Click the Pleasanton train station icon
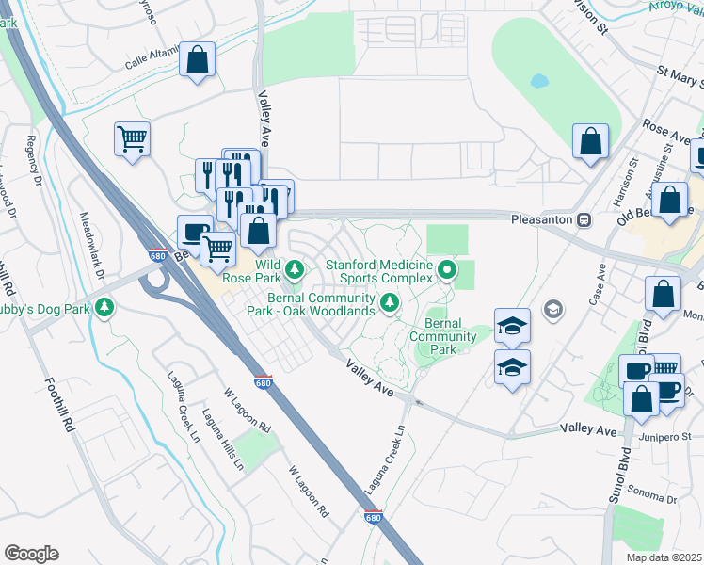[x=584, y=219]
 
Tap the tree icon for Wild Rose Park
[x=295, y=271]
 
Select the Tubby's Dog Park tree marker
[x=106, y=307]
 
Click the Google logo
[x=31, y=554]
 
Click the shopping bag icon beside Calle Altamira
[x=198, y=61]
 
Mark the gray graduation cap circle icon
[x=553, y=308]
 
